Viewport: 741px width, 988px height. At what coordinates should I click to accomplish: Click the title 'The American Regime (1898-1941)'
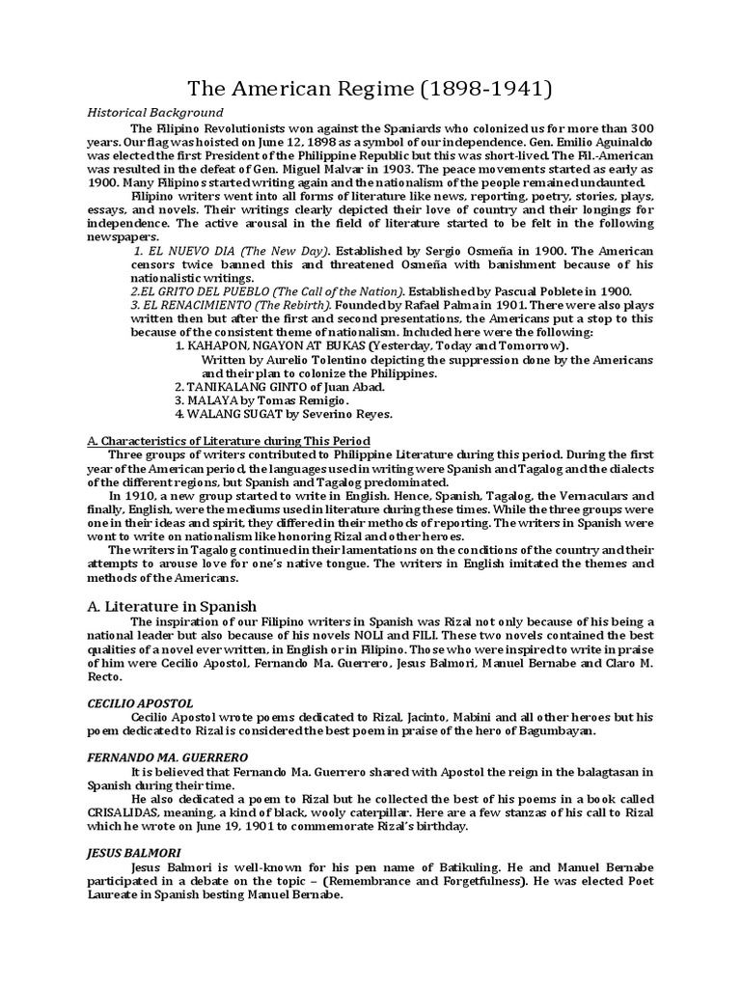tap(370, 90)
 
